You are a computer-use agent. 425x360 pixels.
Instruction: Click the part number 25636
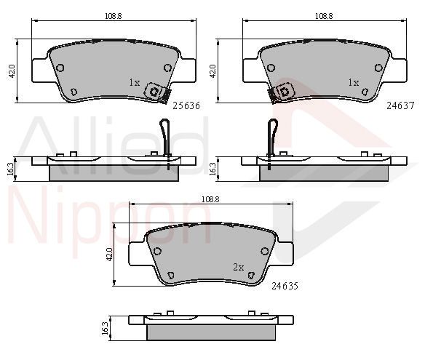coord(186,105)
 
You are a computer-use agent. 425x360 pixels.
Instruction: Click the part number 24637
coord(400,105)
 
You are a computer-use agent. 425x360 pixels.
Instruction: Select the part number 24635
coord(285,286)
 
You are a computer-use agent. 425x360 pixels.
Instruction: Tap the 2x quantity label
coord(239,268)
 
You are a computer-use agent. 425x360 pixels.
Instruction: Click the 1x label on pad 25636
coord(135,82)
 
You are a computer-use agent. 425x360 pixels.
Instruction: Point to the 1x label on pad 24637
coord(354,82)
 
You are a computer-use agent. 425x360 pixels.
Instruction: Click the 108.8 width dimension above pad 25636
coord(114,16)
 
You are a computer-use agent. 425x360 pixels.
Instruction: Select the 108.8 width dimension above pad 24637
coord(324,16)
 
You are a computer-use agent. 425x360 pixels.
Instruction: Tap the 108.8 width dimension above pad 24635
coord(210,199)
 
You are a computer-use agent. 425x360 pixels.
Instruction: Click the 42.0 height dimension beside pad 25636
coord(12,71)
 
